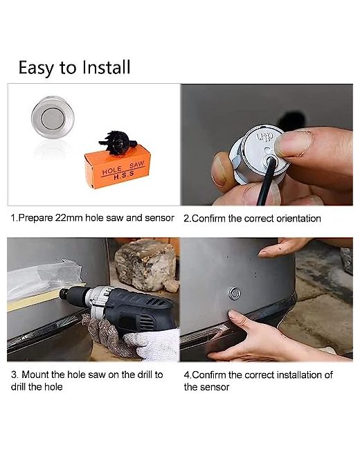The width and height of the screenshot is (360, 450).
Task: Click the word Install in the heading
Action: [106, 67]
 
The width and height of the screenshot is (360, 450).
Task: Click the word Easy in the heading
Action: [36, 69]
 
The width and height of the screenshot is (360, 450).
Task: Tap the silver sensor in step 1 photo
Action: [53, 118]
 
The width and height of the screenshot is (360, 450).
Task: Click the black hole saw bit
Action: [118, 142]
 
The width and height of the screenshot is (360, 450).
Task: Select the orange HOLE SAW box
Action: [118, 166]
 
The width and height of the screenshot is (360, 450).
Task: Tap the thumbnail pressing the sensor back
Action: [292, 143]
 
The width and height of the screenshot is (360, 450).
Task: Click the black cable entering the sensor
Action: [266, 181]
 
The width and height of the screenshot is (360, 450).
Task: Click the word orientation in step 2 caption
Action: [298, 219]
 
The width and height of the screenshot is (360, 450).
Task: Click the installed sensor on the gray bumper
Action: [235, 294]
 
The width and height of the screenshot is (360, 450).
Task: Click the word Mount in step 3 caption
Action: [36, 375]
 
